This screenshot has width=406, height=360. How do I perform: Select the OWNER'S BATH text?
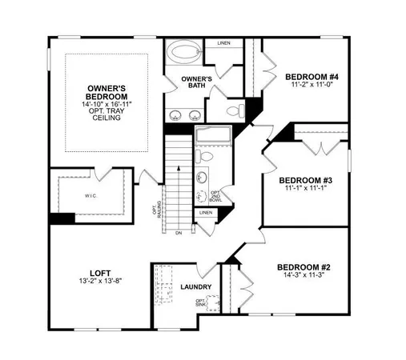196,82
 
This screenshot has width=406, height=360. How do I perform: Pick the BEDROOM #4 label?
313,77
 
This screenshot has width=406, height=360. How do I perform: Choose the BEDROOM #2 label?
303,266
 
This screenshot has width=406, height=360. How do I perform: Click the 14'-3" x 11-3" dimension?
303,276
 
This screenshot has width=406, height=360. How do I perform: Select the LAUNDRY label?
196,286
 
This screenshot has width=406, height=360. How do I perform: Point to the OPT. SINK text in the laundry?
201,303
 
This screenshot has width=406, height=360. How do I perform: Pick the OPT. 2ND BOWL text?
215,197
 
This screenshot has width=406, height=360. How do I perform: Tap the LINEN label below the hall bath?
206,213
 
